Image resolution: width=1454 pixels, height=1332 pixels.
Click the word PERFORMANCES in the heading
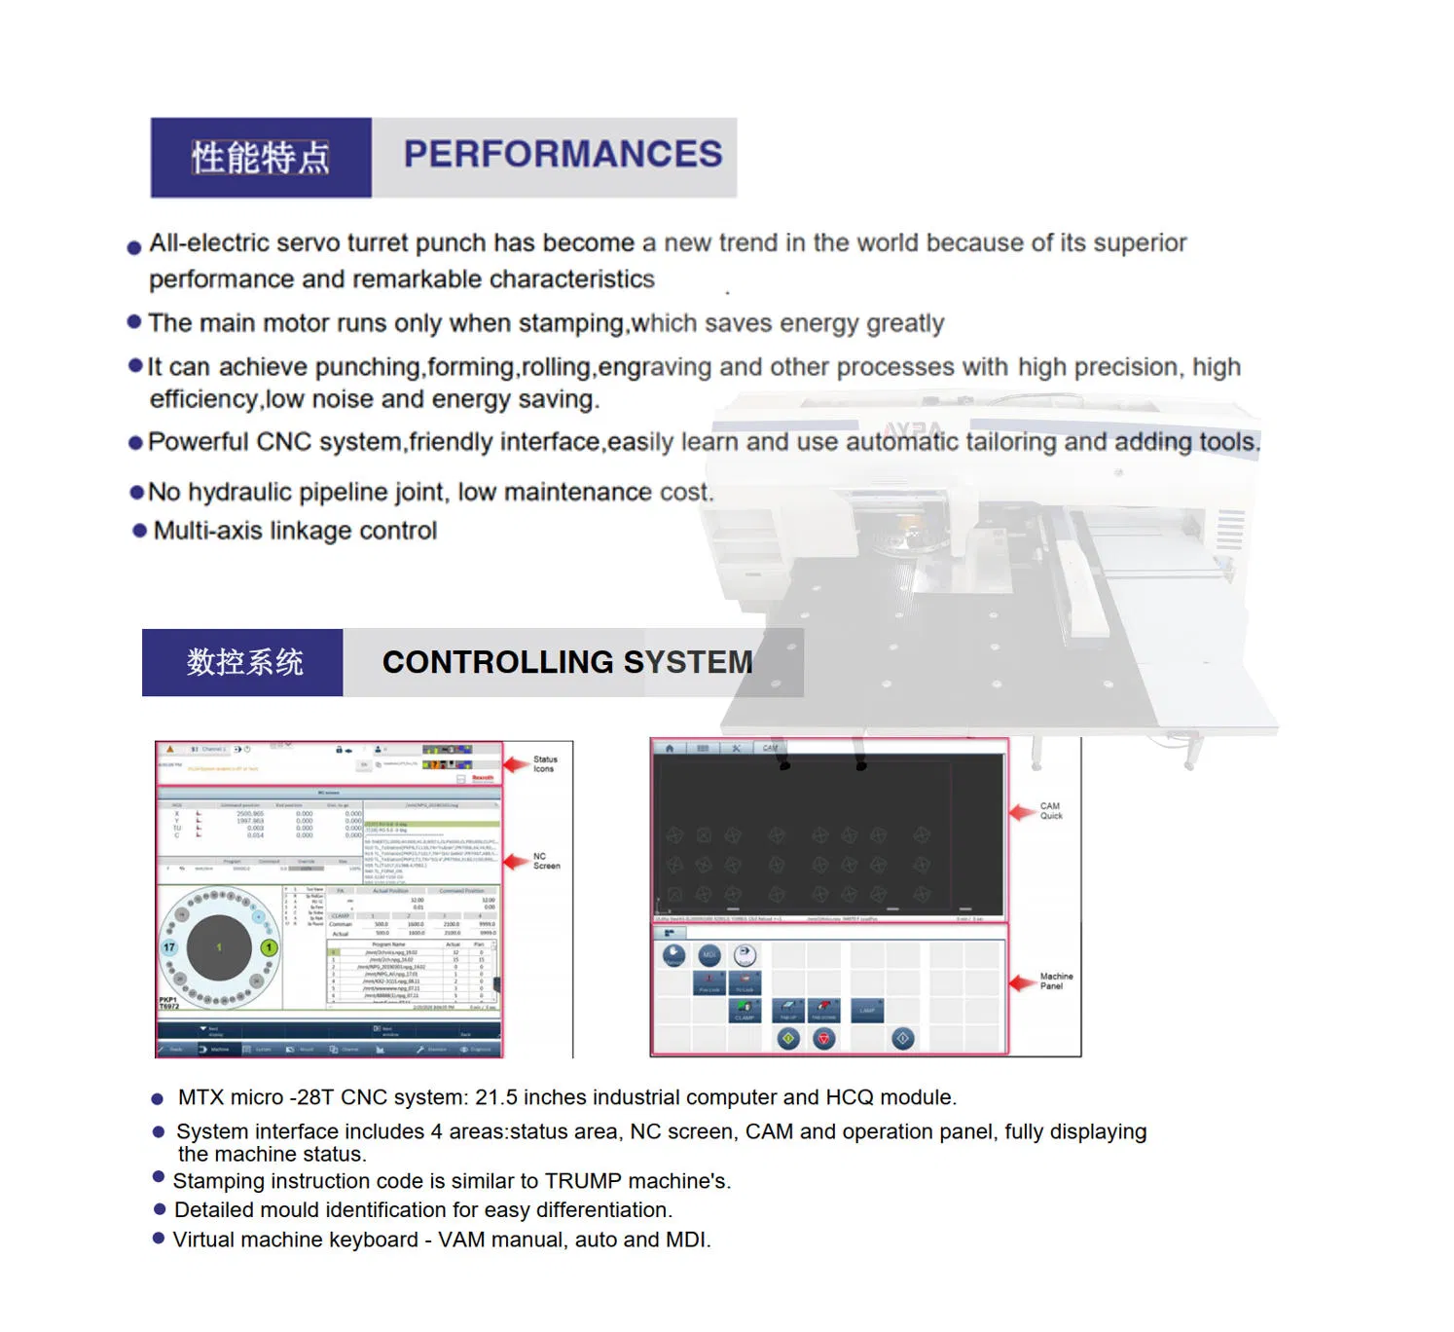563,155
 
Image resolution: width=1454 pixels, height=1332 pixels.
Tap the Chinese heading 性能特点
260,158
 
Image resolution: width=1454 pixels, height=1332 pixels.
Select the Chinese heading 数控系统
244,662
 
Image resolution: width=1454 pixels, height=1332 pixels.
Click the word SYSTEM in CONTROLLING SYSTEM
687,662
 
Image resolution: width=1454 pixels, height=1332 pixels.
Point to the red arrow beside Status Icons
516,764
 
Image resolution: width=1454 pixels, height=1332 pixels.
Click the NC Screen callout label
546,861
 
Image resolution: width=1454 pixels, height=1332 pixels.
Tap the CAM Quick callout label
1051,811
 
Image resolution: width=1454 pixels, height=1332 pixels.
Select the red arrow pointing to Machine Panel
1022,982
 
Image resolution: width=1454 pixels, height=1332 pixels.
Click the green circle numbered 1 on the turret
269,947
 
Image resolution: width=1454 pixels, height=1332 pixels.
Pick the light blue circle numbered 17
169,947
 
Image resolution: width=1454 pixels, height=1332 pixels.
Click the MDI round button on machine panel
709,955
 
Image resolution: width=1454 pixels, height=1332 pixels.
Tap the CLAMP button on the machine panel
744,1012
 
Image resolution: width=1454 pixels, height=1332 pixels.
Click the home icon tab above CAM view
669,748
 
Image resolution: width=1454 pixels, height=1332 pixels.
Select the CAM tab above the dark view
770,748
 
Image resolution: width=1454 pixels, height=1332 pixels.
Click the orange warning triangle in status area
170,750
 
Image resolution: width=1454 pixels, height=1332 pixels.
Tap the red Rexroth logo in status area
483,777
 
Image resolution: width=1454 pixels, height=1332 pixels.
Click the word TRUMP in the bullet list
583,1181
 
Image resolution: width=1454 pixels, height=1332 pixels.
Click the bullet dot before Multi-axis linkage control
139,531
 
